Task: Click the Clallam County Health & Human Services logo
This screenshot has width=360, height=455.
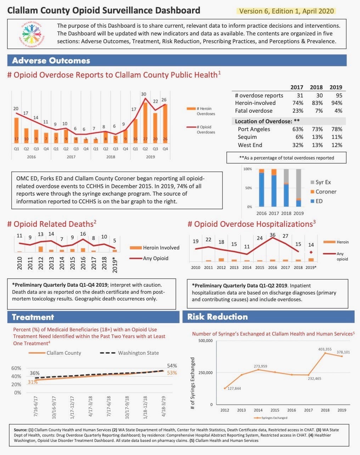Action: [31, 34]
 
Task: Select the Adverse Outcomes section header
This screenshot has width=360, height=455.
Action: [51, 61]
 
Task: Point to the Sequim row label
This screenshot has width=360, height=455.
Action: [247, 137]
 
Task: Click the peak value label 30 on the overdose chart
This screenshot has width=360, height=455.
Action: [144, 94]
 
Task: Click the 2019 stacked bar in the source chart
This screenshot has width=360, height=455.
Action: [299, 188]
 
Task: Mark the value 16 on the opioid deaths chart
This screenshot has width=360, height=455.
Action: [83, 234]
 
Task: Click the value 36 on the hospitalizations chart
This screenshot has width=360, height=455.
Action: [272, 235]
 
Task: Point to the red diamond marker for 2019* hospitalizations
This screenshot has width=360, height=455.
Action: [311, 252]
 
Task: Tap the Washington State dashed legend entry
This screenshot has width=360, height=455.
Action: [130, 353]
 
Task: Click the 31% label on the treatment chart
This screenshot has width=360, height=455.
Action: [33, 382]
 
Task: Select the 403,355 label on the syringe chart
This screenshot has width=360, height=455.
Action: [325, 349]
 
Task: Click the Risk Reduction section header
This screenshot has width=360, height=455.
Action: [218, 317]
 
